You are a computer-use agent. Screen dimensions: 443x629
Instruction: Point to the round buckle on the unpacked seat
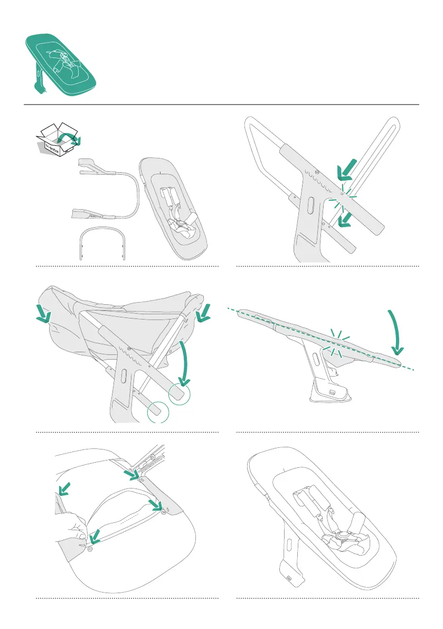click(183, 224)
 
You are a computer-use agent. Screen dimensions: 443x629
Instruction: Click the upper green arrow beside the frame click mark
click(348, 168)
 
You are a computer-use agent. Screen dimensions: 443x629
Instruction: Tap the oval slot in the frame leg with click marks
click(310, 206)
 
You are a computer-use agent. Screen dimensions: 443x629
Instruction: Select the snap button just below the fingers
click(90, 549)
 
